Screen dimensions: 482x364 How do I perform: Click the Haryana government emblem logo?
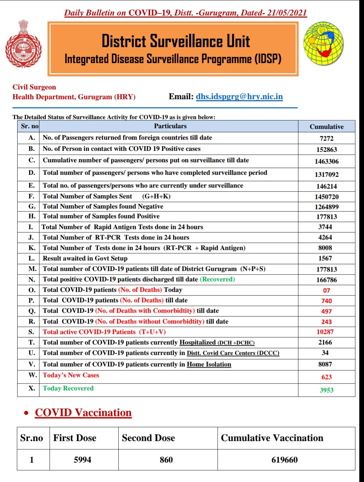(23, 43)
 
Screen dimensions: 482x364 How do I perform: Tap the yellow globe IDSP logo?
(324, 44)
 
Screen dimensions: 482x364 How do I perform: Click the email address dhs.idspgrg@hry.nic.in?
(239, 97)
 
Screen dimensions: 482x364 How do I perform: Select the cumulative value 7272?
(326, 138)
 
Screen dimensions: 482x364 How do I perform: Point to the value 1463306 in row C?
(326, 161)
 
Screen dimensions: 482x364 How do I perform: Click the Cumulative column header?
(326, 127)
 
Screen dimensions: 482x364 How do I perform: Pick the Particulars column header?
(170, 126)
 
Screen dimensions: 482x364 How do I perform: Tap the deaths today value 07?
(326, 290)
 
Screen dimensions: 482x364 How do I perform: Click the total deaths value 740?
(326, 301)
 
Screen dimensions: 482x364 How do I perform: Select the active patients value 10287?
(325, 332)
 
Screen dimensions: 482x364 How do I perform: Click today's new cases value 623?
(326, 377)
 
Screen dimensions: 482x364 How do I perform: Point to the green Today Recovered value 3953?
(326, 390)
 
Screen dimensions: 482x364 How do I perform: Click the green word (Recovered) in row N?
(217, 279)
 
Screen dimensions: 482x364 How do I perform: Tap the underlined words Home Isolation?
(209, 364)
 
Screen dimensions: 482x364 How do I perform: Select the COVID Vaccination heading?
(83, 413)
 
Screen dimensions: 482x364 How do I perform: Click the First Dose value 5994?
(83, 460)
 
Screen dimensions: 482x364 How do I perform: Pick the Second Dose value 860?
(166, 460)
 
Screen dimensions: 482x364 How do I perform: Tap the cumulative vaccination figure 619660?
(284, 460)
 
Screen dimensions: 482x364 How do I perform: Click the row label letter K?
(32, 248)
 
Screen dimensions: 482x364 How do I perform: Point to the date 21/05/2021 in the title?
(287, 13)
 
